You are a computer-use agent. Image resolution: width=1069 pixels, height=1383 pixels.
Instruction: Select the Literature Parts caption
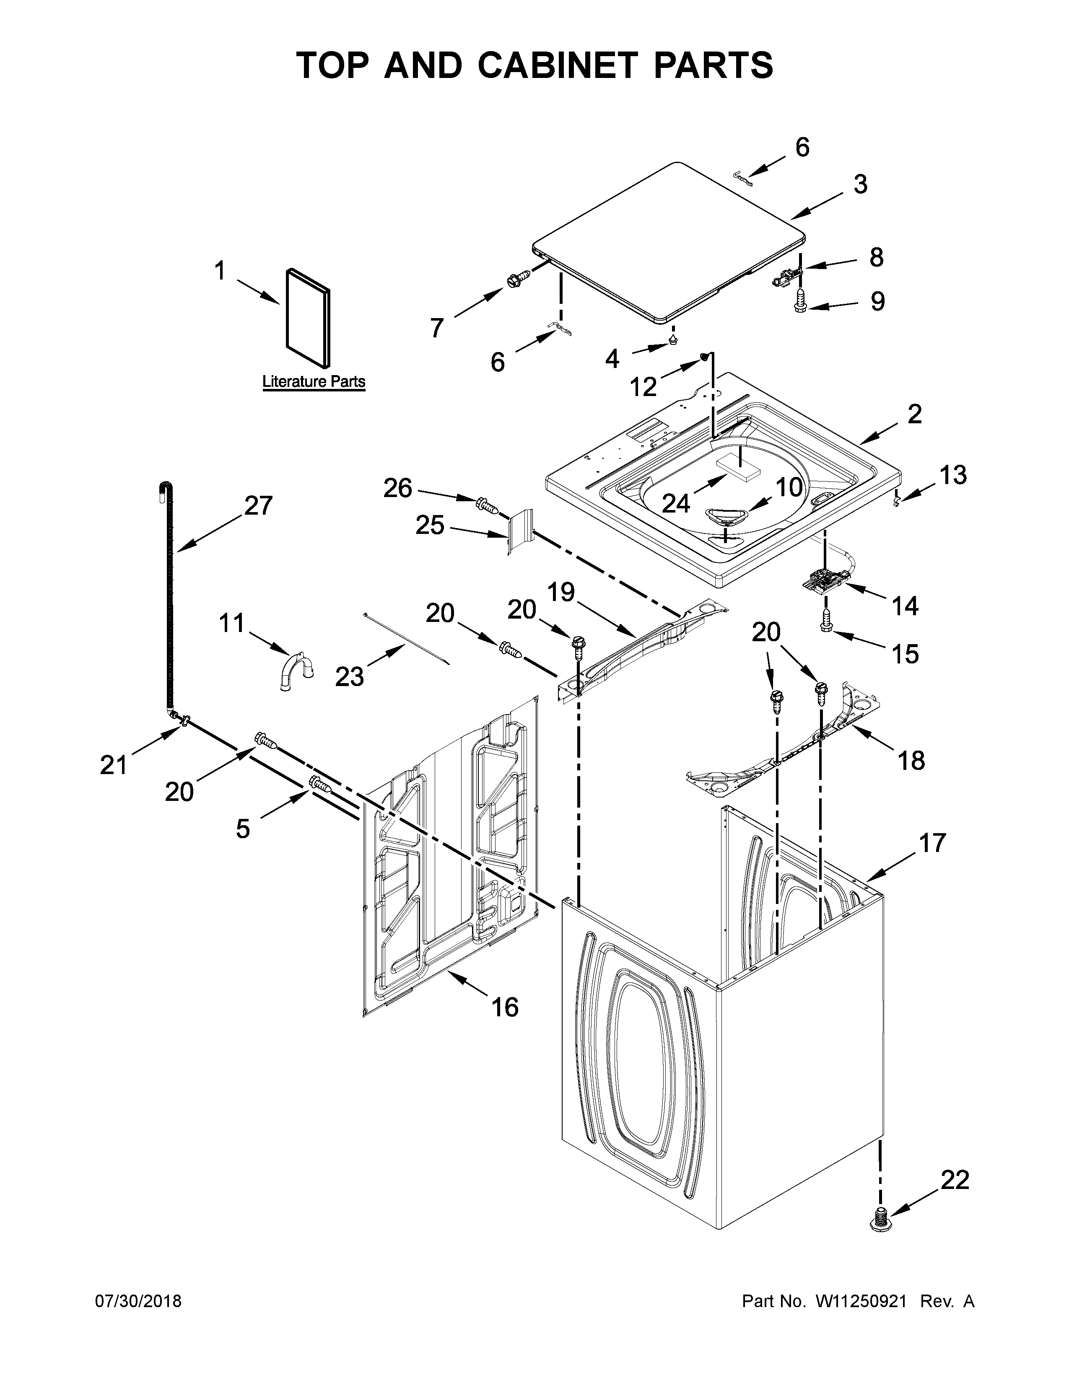[314, 382]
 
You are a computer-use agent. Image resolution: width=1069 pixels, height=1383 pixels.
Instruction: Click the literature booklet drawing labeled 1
[308, 318]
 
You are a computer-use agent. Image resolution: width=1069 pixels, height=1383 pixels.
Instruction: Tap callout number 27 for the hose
[258, 505]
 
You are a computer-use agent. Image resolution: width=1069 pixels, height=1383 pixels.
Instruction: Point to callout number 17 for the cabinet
[932, 843]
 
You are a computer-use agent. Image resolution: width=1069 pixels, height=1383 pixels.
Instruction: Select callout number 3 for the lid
[859, 184]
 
